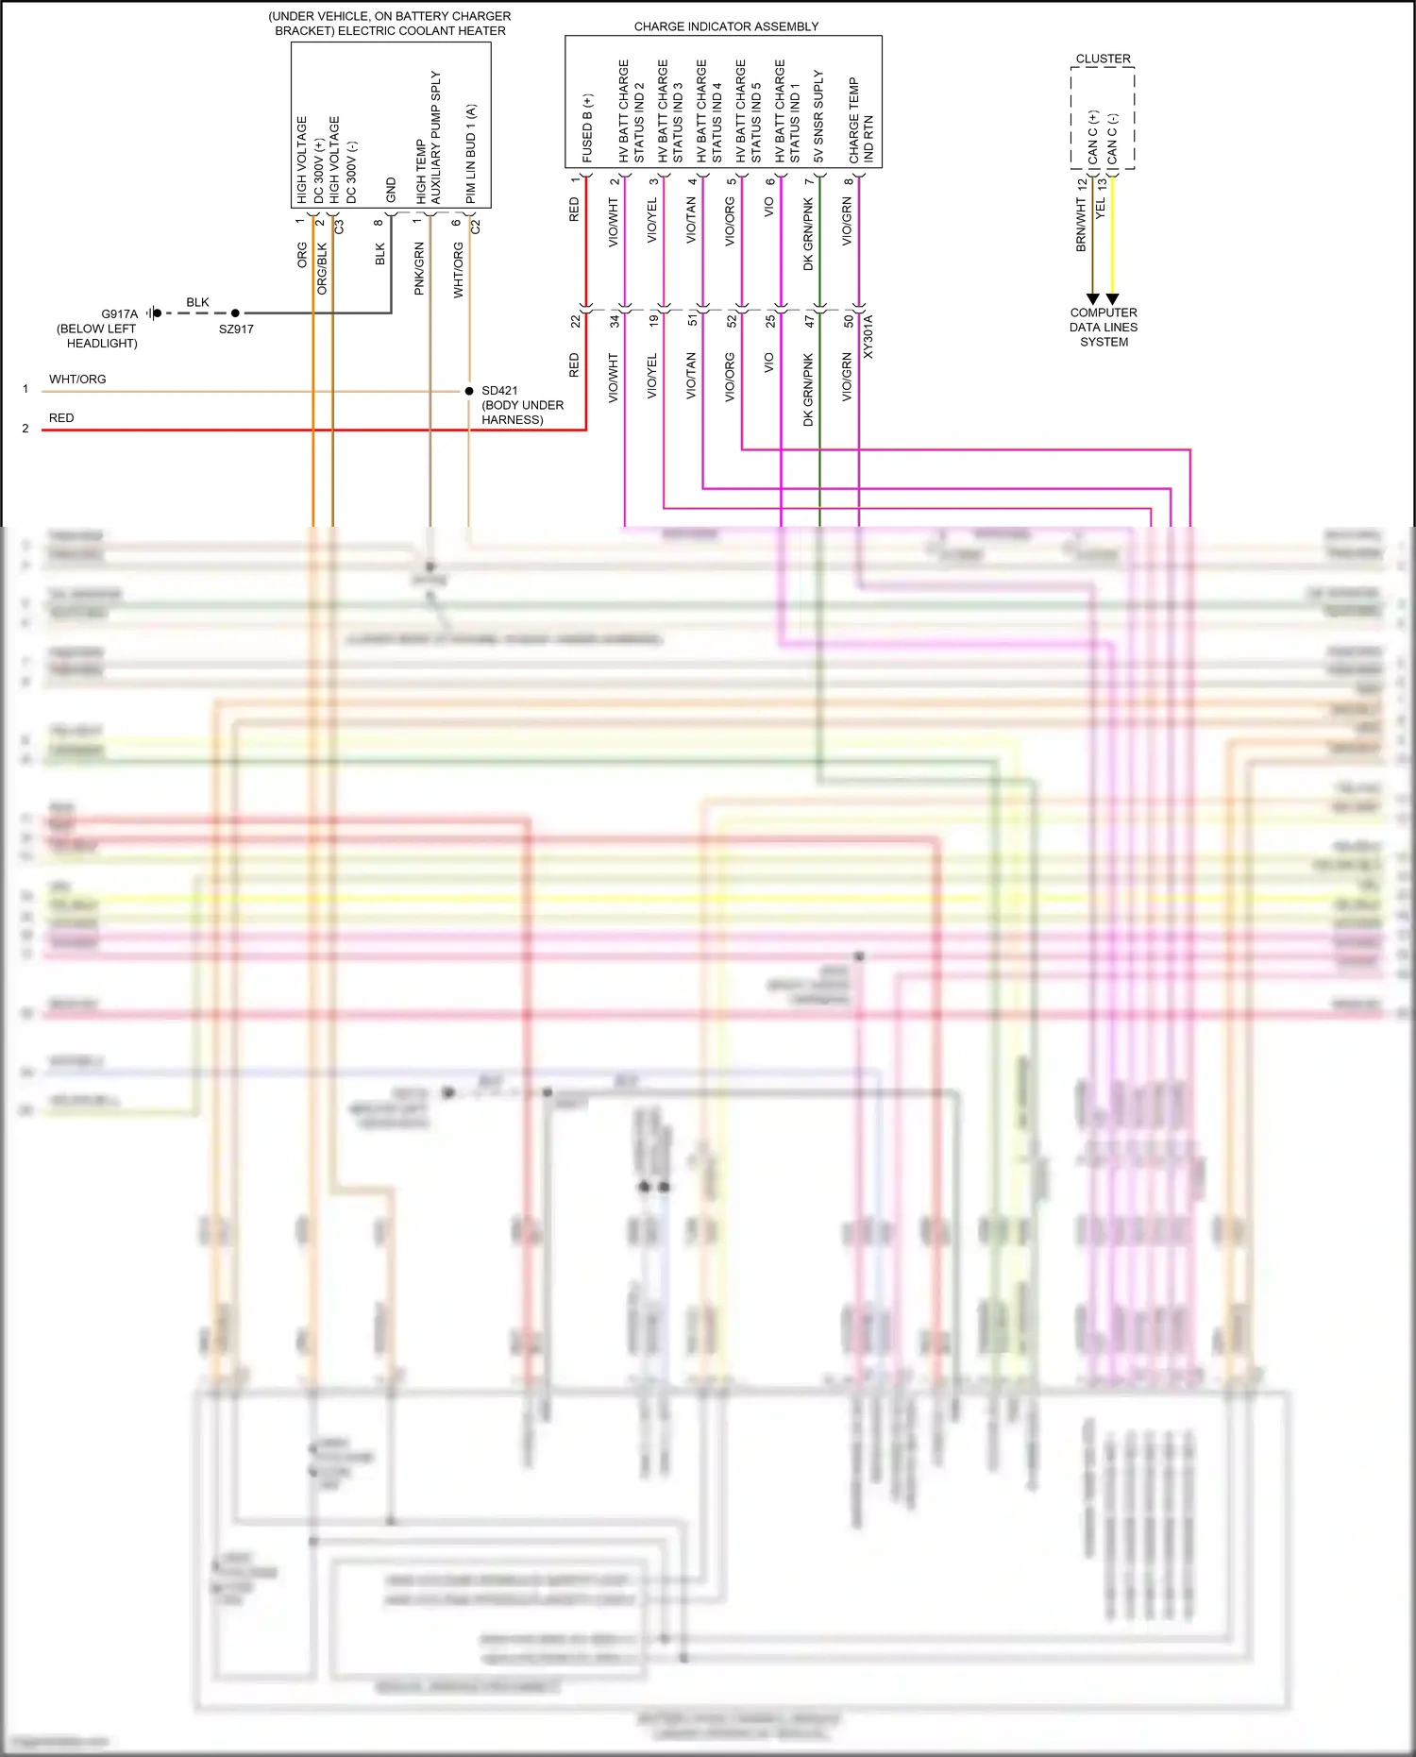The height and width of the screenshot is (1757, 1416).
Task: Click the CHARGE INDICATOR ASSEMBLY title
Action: click(726, 26)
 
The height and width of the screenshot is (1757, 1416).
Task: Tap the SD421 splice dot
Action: click(469, 391)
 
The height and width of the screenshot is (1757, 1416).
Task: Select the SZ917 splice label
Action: click(236, 329)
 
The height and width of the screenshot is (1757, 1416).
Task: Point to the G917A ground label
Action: click(120, 314)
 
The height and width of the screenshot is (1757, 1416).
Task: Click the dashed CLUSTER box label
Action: click(1103, 59)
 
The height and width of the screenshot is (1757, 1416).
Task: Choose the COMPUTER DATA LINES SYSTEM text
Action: click(1104, 328)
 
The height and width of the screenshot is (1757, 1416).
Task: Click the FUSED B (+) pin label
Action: click(587, 128)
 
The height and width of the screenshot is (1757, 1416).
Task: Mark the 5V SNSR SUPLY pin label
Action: click(818, 116)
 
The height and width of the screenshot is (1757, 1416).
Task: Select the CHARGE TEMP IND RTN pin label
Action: click(861, 120)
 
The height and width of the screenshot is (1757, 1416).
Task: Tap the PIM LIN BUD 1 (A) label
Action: click(470, 153)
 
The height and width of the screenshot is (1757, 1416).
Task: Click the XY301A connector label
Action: click(868, 337)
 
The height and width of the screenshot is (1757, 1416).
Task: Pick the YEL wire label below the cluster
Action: click(1101, 210)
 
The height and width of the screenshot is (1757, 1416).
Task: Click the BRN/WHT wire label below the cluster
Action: click(1082, 225)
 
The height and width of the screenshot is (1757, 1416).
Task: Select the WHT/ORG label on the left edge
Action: click(77, 380)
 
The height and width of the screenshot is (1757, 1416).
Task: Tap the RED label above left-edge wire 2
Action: click(61, 418)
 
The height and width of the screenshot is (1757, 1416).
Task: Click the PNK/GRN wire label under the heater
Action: click(419, 269)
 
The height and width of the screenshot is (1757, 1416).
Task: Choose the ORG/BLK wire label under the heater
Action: click(322, 269)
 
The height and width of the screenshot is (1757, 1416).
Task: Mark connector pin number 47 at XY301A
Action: click(809, 321)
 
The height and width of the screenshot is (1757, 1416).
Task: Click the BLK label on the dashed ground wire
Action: click(197, 302)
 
